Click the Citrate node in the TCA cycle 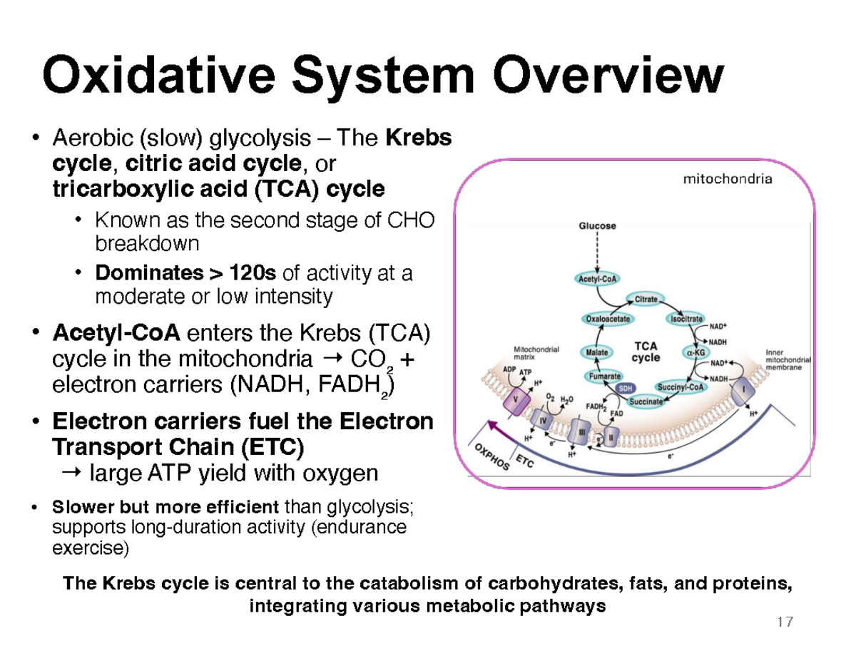click(x=646, y=299)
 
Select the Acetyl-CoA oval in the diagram click(x=597, y=279)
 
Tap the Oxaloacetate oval click(x=606, y=319)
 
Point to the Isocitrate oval click(x=686, y=319)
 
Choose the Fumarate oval click(x=603, y=376)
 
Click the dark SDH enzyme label click(x=626, y=389)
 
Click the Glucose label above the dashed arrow click(x=597, y=226)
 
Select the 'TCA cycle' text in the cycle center click(x=646, y=351)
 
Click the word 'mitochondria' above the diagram click(x=727, y=180)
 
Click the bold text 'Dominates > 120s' click(x=188, y=273)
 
